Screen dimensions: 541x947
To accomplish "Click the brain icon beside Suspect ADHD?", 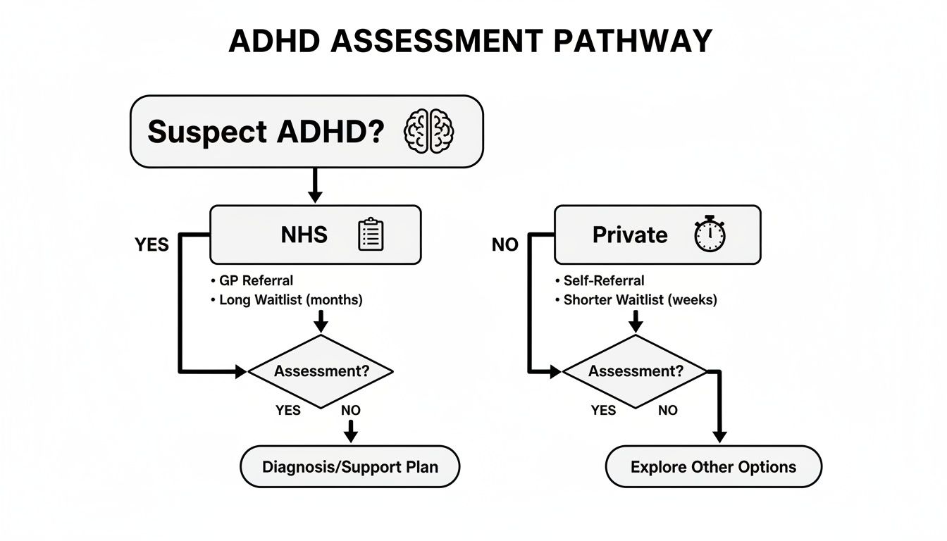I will point(428,131).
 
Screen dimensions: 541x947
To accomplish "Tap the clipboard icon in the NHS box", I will point(371,235).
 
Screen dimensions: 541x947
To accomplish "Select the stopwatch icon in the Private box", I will point(710,235).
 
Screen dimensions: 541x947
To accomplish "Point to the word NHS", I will point(304,235).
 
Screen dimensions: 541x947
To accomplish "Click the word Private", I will point(630,235).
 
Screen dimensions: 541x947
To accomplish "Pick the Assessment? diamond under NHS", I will point(321,371).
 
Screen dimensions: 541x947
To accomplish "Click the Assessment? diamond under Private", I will point(635,371).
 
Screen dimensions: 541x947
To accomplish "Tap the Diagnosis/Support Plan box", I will point(349,466).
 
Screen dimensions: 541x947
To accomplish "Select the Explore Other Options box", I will point(713,466).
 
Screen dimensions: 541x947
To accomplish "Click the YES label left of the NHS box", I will point(151,244).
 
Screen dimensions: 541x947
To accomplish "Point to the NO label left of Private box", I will point(505,244).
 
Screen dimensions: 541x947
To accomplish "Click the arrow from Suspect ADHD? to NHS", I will point(315,186).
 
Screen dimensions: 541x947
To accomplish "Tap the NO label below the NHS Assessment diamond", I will point(350,410).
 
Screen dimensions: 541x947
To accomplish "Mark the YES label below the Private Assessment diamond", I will point(603,410).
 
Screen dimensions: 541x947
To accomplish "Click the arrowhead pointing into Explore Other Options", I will point(719,436).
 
